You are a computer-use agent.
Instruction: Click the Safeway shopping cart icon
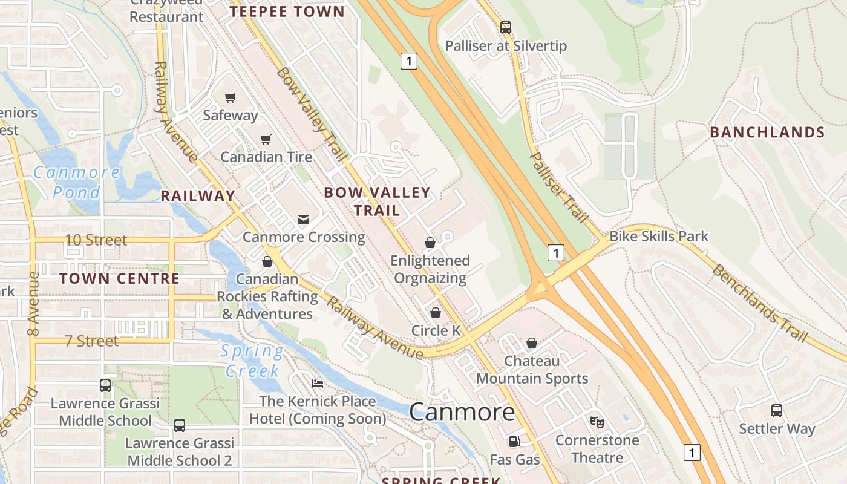(230, 97)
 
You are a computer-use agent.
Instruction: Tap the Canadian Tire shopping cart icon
(266, 140)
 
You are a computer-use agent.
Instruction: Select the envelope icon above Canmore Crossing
(304, 219)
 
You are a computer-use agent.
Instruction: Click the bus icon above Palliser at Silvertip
(505, 27)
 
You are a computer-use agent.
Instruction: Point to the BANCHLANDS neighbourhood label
(767, 132)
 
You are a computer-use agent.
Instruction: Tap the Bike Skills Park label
(658, 236)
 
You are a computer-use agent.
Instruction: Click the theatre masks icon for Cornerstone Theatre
(597, 422)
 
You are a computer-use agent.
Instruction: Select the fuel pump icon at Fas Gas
(514, 442)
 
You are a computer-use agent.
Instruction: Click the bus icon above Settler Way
(777, 411)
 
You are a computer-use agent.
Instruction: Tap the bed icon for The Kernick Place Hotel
(317, 384)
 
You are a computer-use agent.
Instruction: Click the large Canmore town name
(462, 412)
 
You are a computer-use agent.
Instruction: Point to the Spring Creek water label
(252, 361)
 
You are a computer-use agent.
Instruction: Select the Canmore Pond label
(76, 182)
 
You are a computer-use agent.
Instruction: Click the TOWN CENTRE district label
(119, 278)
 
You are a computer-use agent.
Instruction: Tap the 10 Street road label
(96, 240)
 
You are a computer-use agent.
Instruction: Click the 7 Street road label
(91, 341)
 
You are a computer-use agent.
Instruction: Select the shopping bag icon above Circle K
(435, 313)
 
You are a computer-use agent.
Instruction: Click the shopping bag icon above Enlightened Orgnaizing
(430, 243)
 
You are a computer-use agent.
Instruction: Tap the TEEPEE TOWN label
(287, 11)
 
